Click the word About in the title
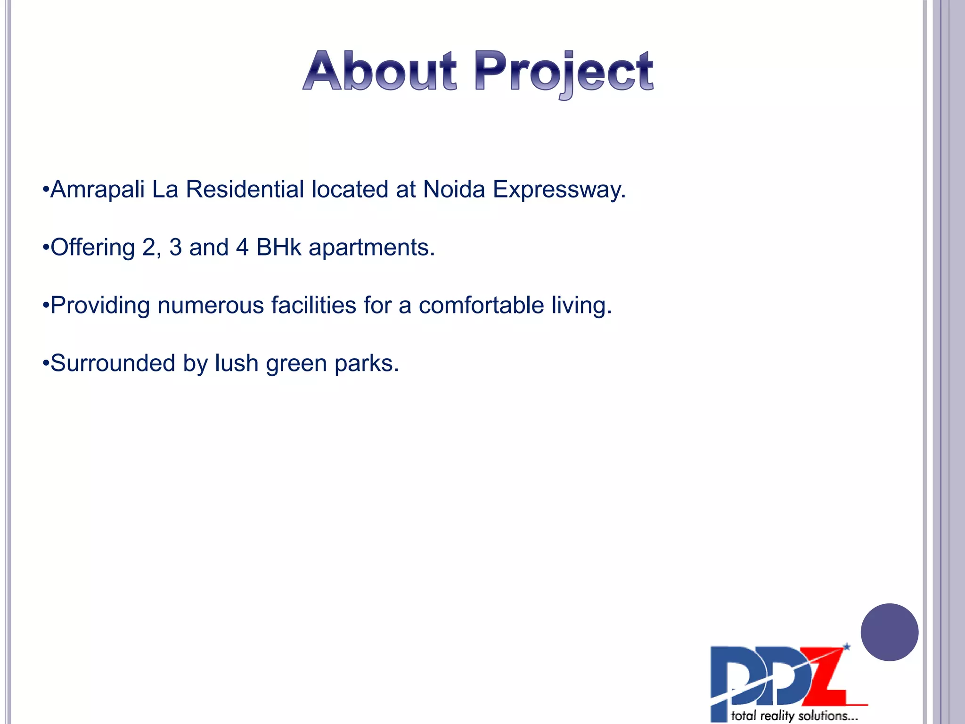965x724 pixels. [x=380, y=72]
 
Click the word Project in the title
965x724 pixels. [x=564, y=73]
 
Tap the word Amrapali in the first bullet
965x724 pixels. [x=98, y=189]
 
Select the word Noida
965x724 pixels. [x=454, y=189]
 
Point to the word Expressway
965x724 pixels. [x=559, y=190]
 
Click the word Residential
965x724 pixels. [x=245, y=189]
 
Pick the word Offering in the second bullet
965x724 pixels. [x=92, y=247]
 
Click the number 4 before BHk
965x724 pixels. [x=242, y=247]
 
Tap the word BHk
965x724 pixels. [x=278, y=247]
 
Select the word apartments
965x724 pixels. [x=371, y=248]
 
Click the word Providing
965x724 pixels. [x=100, y=306]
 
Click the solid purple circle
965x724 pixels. [x=889, y=632]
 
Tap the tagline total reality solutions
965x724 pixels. [x=793, y=716]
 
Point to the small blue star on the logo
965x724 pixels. [x=847, y=647]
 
